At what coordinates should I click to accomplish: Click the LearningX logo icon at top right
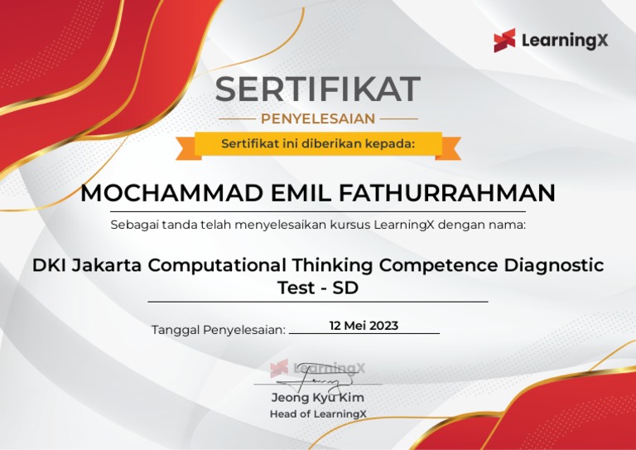(504, 41)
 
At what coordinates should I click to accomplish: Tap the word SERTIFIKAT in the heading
(318, 89)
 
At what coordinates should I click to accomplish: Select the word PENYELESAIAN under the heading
(318, 119)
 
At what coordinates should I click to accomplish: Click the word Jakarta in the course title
(108, 266)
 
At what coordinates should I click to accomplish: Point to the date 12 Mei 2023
(364, 326)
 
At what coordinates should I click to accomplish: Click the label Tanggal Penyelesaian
(218, 330)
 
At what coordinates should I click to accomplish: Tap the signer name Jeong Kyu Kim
(318, 398)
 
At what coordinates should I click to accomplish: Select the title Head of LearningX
(318, 414)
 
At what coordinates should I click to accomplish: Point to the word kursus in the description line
(351, 225)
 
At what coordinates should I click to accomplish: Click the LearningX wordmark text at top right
(564, 41)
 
